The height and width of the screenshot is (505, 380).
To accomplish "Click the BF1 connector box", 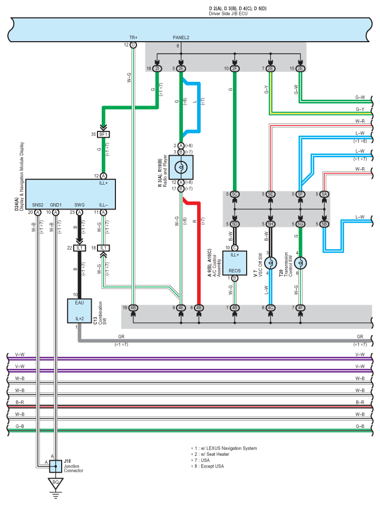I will (103, 135).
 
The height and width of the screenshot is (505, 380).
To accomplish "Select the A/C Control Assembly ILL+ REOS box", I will (235, 263).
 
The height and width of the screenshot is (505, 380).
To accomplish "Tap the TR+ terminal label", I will (133, 38).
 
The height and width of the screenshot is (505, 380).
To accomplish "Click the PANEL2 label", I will (181, 38).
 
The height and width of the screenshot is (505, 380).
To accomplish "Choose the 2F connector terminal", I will (235, 69).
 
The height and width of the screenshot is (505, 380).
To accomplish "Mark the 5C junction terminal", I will (235, 195).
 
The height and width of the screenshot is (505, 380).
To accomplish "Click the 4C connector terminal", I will (269, 307).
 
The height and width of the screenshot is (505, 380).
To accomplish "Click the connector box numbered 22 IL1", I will (80, 248).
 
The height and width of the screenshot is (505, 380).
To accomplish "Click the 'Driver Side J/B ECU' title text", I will (228, 13).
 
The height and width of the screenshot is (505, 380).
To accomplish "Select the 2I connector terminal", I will (157, 69).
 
